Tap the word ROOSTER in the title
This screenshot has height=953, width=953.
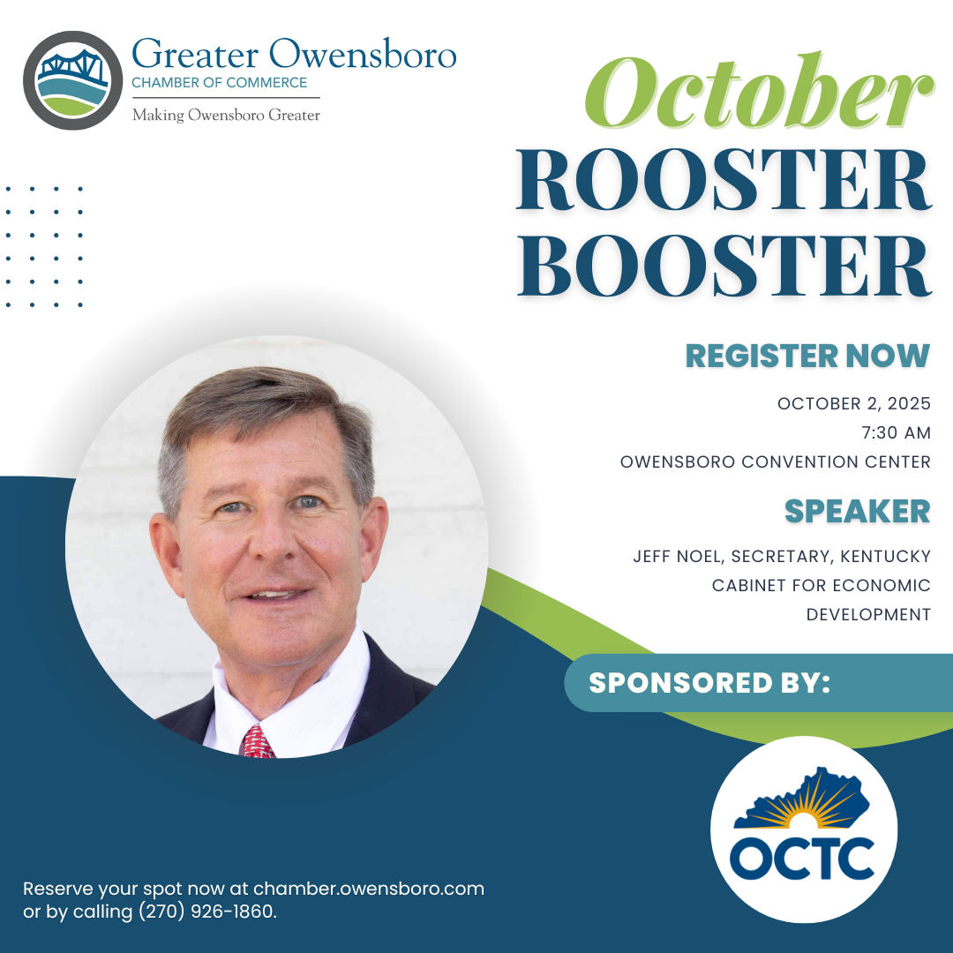click(x=724, y=181)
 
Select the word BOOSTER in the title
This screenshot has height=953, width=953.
click(x=724, y=265)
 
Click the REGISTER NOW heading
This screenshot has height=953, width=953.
click(x=807, y=356)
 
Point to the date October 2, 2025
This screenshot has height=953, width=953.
click(x=853, y=403)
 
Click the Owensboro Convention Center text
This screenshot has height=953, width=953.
click(x=775, y=461)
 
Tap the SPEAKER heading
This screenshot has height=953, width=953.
click(x=857, y=512)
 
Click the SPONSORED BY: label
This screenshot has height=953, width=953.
click(x=709, y=682)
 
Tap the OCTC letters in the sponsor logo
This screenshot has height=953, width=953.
click(x=802, y=859)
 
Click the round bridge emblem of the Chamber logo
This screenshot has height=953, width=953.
click(x=72, y=80)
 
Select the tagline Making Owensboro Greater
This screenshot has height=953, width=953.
click(x=226, y=115)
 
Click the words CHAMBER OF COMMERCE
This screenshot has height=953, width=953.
click(x=220, y=83)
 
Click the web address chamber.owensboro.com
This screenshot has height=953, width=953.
click(x=368, y=888)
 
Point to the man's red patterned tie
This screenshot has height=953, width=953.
click(x=257, y=742)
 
